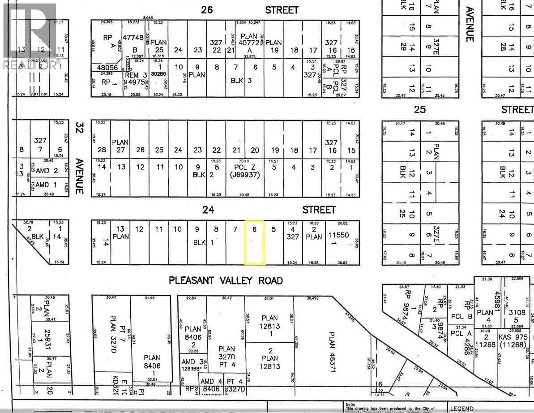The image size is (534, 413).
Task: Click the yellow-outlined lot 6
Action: [254, 242]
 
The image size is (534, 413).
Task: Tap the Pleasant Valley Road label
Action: [226, 281]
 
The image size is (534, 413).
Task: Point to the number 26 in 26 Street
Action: [207, 10]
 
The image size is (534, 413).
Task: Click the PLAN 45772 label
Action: [249, 39]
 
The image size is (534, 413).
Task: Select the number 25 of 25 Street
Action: [419, 110]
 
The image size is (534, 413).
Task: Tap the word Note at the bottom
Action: [350, 404]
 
